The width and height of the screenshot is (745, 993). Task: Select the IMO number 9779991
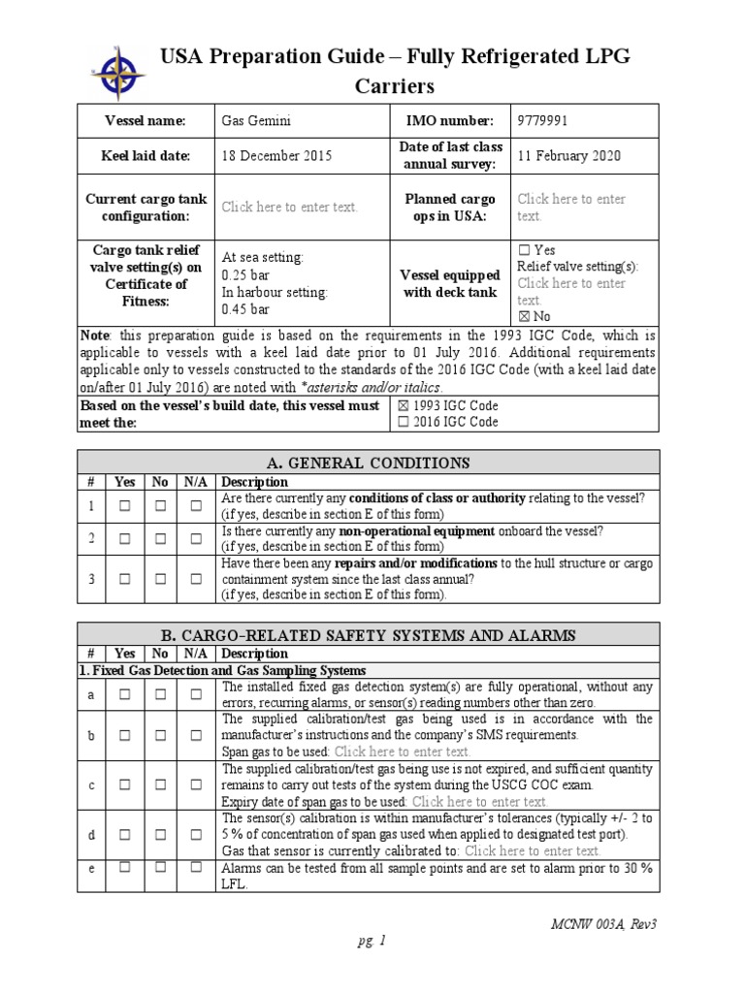coord(542,120)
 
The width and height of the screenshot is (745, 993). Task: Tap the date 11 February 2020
coord(569,155)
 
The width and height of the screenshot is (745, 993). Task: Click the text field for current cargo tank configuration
coord(290,207)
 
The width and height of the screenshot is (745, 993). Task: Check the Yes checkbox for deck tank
coord(524,250)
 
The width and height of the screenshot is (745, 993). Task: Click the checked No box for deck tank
coord(524,316)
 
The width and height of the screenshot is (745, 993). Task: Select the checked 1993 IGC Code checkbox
coord(405,405)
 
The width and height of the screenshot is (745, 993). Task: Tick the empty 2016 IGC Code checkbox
coord(405,422)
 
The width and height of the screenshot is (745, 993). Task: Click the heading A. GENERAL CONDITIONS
coord(368,463)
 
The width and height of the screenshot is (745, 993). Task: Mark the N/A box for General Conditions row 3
coord(196,579)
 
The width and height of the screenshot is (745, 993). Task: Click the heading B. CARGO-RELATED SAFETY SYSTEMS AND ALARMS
coord(368,635)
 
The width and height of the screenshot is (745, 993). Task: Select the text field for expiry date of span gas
coord(479,802)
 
